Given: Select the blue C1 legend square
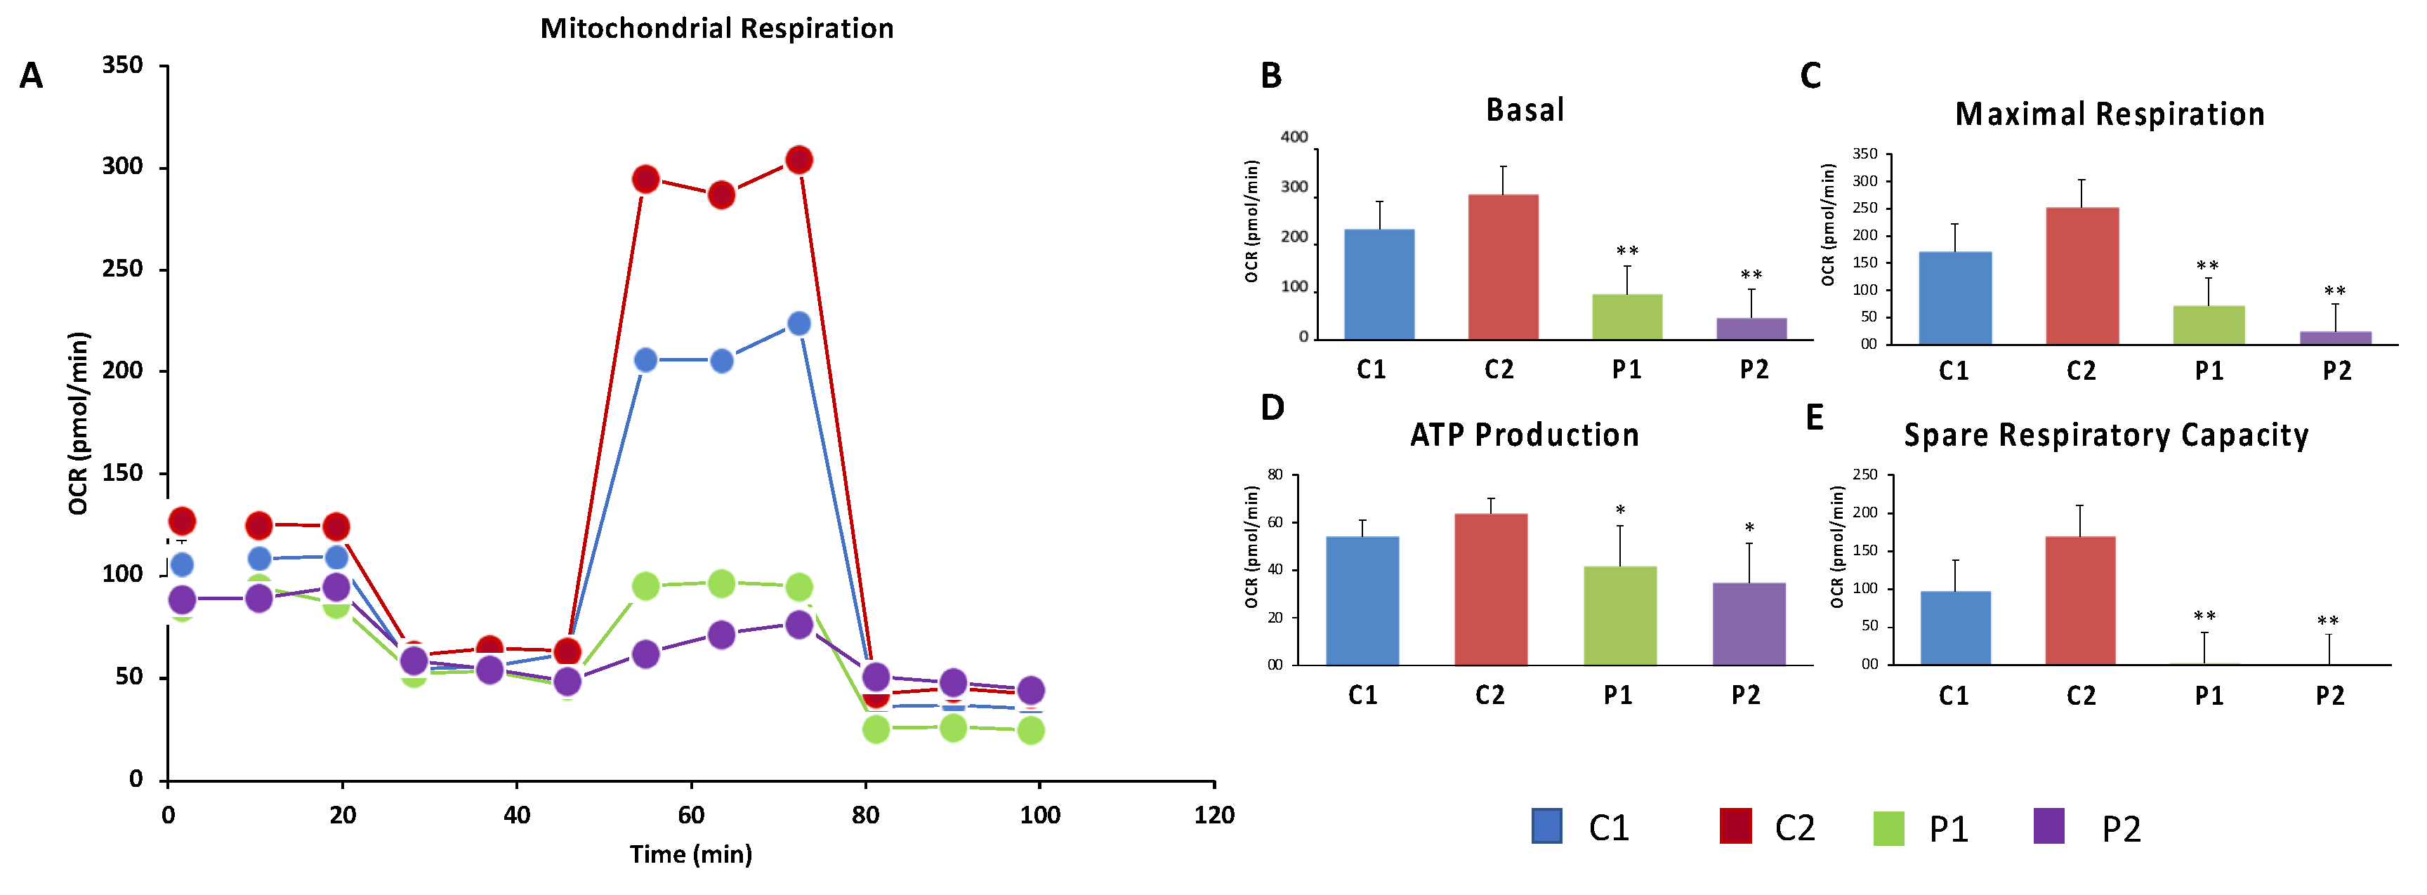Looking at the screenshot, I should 1547,826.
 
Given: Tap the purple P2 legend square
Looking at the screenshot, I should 2049,826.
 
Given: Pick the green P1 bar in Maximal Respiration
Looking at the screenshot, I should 2209,325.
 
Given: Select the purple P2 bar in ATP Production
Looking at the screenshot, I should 1749,623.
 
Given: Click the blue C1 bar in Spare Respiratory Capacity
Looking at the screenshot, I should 1956,628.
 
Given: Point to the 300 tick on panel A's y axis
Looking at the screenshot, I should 122,168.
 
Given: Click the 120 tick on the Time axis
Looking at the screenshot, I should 1213,815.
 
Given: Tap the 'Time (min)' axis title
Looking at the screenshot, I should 690,854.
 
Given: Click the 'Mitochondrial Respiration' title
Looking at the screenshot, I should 717,28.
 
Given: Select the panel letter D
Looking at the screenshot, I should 1272,407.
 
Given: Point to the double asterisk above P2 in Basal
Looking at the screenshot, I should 1751,276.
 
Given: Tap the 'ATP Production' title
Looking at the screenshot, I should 1525,435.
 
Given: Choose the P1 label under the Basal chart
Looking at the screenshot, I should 1627,369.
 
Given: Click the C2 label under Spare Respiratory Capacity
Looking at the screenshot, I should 2081,696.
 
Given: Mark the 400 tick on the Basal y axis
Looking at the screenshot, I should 1294,138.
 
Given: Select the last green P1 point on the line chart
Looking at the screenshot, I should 1031,730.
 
